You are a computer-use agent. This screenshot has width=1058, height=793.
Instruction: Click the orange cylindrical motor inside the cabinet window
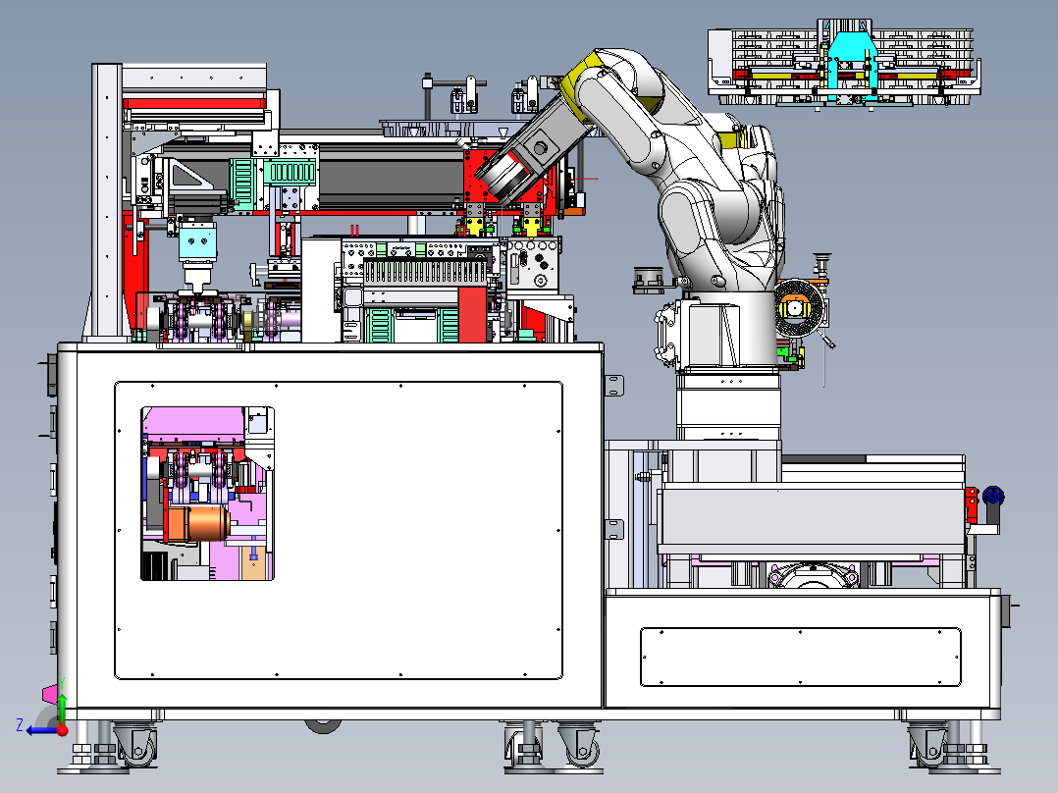[198, 523]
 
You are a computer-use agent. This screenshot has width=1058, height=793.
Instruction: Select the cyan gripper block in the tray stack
[849, 64]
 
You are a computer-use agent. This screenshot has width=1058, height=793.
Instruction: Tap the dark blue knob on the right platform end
[993, 496]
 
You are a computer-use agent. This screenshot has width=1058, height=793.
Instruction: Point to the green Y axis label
[62, 683]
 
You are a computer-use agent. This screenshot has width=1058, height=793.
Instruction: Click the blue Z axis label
[20, 725]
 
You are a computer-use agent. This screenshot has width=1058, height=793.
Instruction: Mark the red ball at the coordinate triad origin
[63, 729]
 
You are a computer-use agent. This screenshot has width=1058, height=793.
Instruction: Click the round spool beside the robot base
[800, 309]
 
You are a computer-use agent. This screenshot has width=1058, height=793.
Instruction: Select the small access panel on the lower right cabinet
[800, 657]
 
